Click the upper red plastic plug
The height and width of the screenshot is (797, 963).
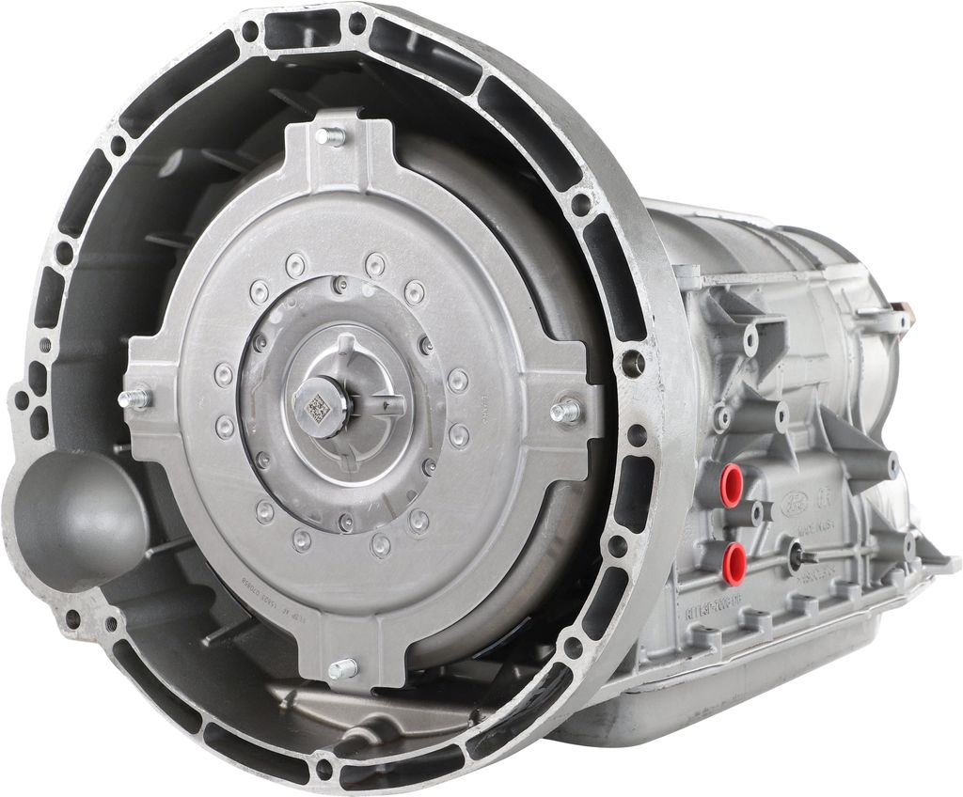731,485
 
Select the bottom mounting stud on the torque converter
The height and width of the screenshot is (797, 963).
343,668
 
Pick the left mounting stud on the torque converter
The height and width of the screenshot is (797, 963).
135,398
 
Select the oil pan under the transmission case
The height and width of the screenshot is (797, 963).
752,686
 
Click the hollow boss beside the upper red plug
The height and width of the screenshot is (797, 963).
757,513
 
